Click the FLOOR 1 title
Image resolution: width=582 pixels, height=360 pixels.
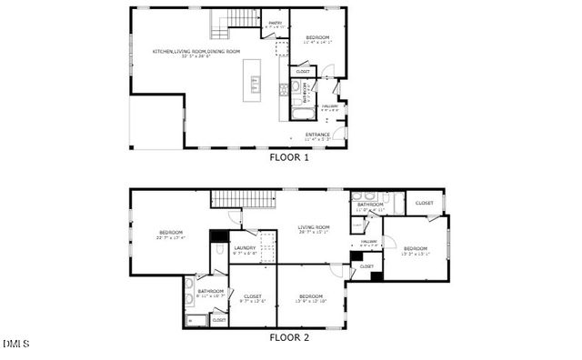(289, 157)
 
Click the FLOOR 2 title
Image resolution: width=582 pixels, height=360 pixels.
(289, 337)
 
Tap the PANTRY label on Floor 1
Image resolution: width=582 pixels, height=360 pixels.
(273, 25)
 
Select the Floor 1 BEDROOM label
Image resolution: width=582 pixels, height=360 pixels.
(316, 37)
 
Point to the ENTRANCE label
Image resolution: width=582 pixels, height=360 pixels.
(317, 135)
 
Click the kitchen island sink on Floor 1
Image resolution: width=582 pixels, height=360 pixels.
(255, 84)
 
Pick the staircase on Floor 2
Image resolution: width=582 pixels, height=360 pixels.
(243, 199)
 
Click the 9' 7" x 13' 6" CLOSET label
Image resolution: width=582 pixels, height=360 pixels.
(253, 297)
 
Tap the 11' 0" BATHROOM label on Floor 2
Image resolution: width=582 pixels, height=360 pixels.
(369, 206)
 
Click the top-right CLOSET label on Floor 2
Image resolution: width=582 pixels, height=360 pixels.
(424, 203)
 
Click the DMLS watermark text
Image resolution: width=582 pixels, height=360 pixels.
(15, 344)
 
